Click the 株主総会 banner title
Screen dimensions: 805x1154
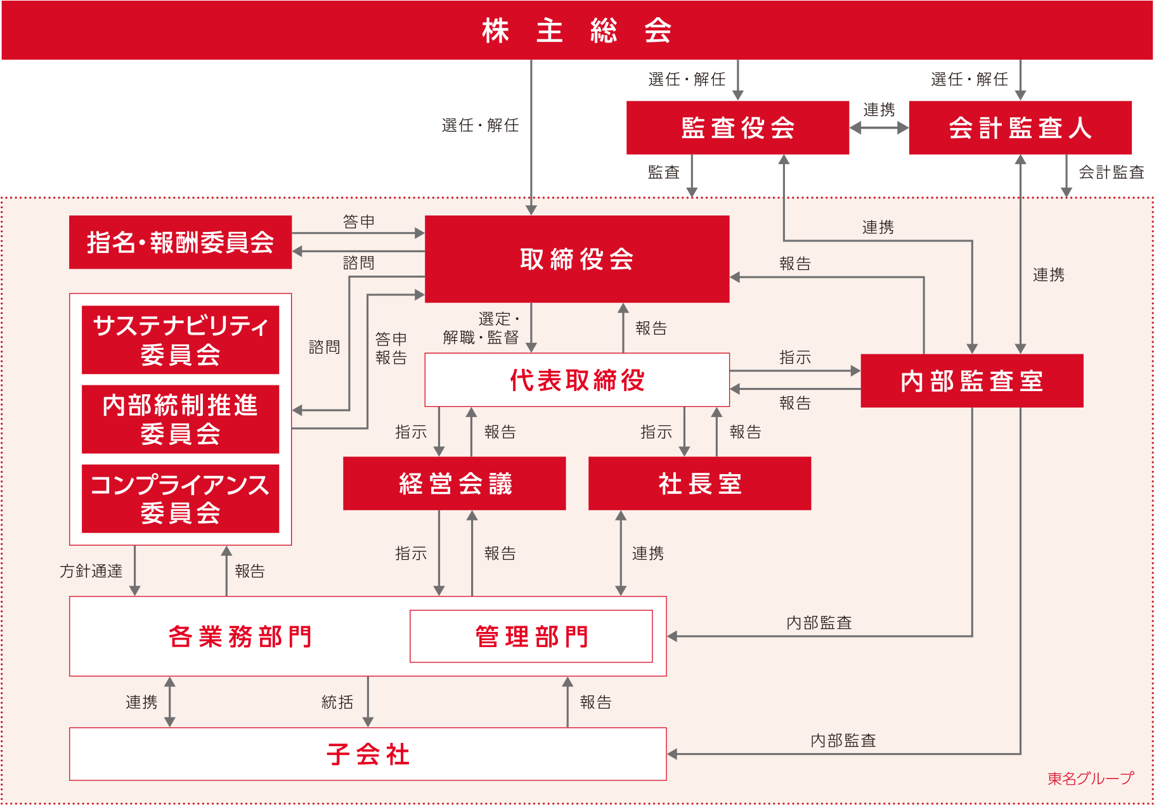tap(576, 30)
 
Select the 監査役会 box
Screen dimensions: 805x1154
tap(737, 127)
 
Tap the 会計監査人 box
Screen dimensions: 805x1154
tap(1020, 127)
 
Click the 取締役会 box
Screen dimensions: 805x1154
tap(576, 259)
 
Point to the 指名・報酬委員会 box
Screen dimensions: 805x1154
tap(180, 242)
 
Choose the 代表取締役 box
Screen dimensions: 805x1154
tap(576, 380)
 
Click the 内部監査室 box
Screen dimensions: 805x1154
tap(971, 380)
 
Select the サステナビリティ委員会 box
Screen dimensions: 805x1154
tap(180, 340)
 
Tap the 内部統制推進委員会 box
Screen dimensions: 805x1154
tap(180, 419)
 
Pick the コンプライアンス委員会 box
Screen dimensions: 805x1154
tap(180, 498)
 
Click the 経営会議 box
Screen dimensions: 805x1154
tap(454, 483)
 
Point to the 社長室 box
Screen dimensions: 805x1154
tap(699, 483)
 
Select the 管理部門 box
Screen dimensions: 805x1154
tap(531, 636)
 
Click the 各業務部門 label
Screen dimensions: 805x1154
tap(240, 636)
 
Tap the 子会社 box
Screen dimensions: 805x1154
tap(368, 754)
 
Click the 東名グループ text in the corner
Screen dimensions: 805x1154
tap(1090, 778)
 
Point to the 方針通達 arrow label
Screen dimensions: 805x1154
tap(91, 571)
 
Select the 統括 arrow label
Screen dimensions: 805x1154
tap(337, 702)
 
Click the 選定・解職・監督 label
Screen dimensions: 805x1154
tap(482, 328)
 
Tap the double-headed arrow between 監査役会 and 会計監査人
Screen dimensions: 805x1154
tap(879, 127)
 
